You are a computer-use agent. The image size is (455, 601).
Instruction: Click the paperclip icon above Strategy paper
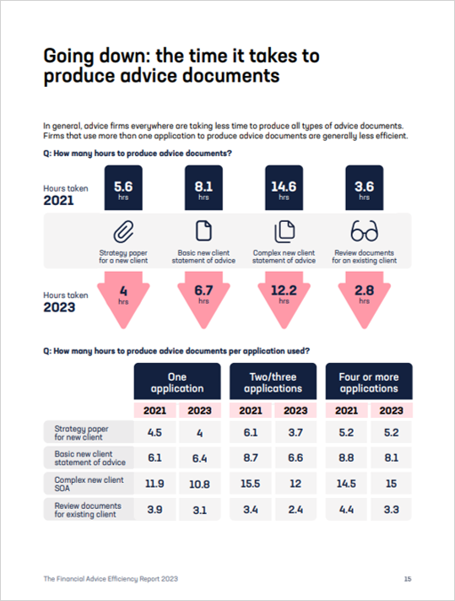click(x=123, y=231)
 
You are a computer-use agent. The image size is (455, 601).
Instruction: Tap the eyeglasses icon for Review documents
click(x=364, y=230)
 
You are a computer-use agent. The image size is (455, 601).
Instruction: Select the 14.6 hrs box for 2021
click(x=284, y=187)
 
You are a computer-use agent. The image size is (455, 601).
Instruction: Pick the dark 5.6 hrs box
click(x=123, y=187)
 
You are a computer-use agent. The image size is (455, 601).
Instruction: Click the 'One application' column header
click(x=177, y=382)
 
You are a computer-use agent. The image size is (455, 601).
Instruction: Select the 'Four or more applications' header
click(x=369, y=382)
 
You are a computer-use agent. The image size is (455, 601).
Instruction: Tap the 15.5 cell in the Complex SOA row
click(x=251, y=484)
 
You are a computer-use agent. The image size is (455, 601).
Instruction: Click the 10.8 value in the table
click(x=200, y=485)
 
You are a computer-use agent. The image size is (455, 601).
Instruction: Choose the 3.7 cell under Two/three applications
click(x=295, y=433)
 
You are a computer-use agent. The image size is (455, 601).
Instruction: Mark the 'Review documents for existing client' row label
click(x=88, y=510)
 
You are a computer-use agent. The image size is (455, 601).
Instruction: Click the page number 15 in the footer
click(x=408, y=579)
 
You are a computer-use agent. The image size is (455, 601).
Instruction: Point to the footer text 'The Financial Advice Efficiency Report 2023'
click(x=111, y=579)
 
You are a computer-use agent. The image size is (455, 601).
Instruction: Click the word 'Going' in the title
click(x=68, y=57)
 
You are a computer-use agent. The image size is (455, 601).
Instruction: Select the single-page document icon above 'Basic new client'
click(x=203, y=230)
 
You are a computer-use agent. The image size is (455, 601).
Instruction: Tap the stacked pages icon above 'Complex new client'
click(x=284, y=231)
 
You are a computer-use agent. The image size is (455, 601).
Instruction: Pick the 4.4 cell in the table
click(x=346, y=510)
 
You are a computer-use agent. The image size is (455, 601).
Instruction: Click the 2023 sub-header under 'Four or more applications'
click(x=392, y=410)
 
